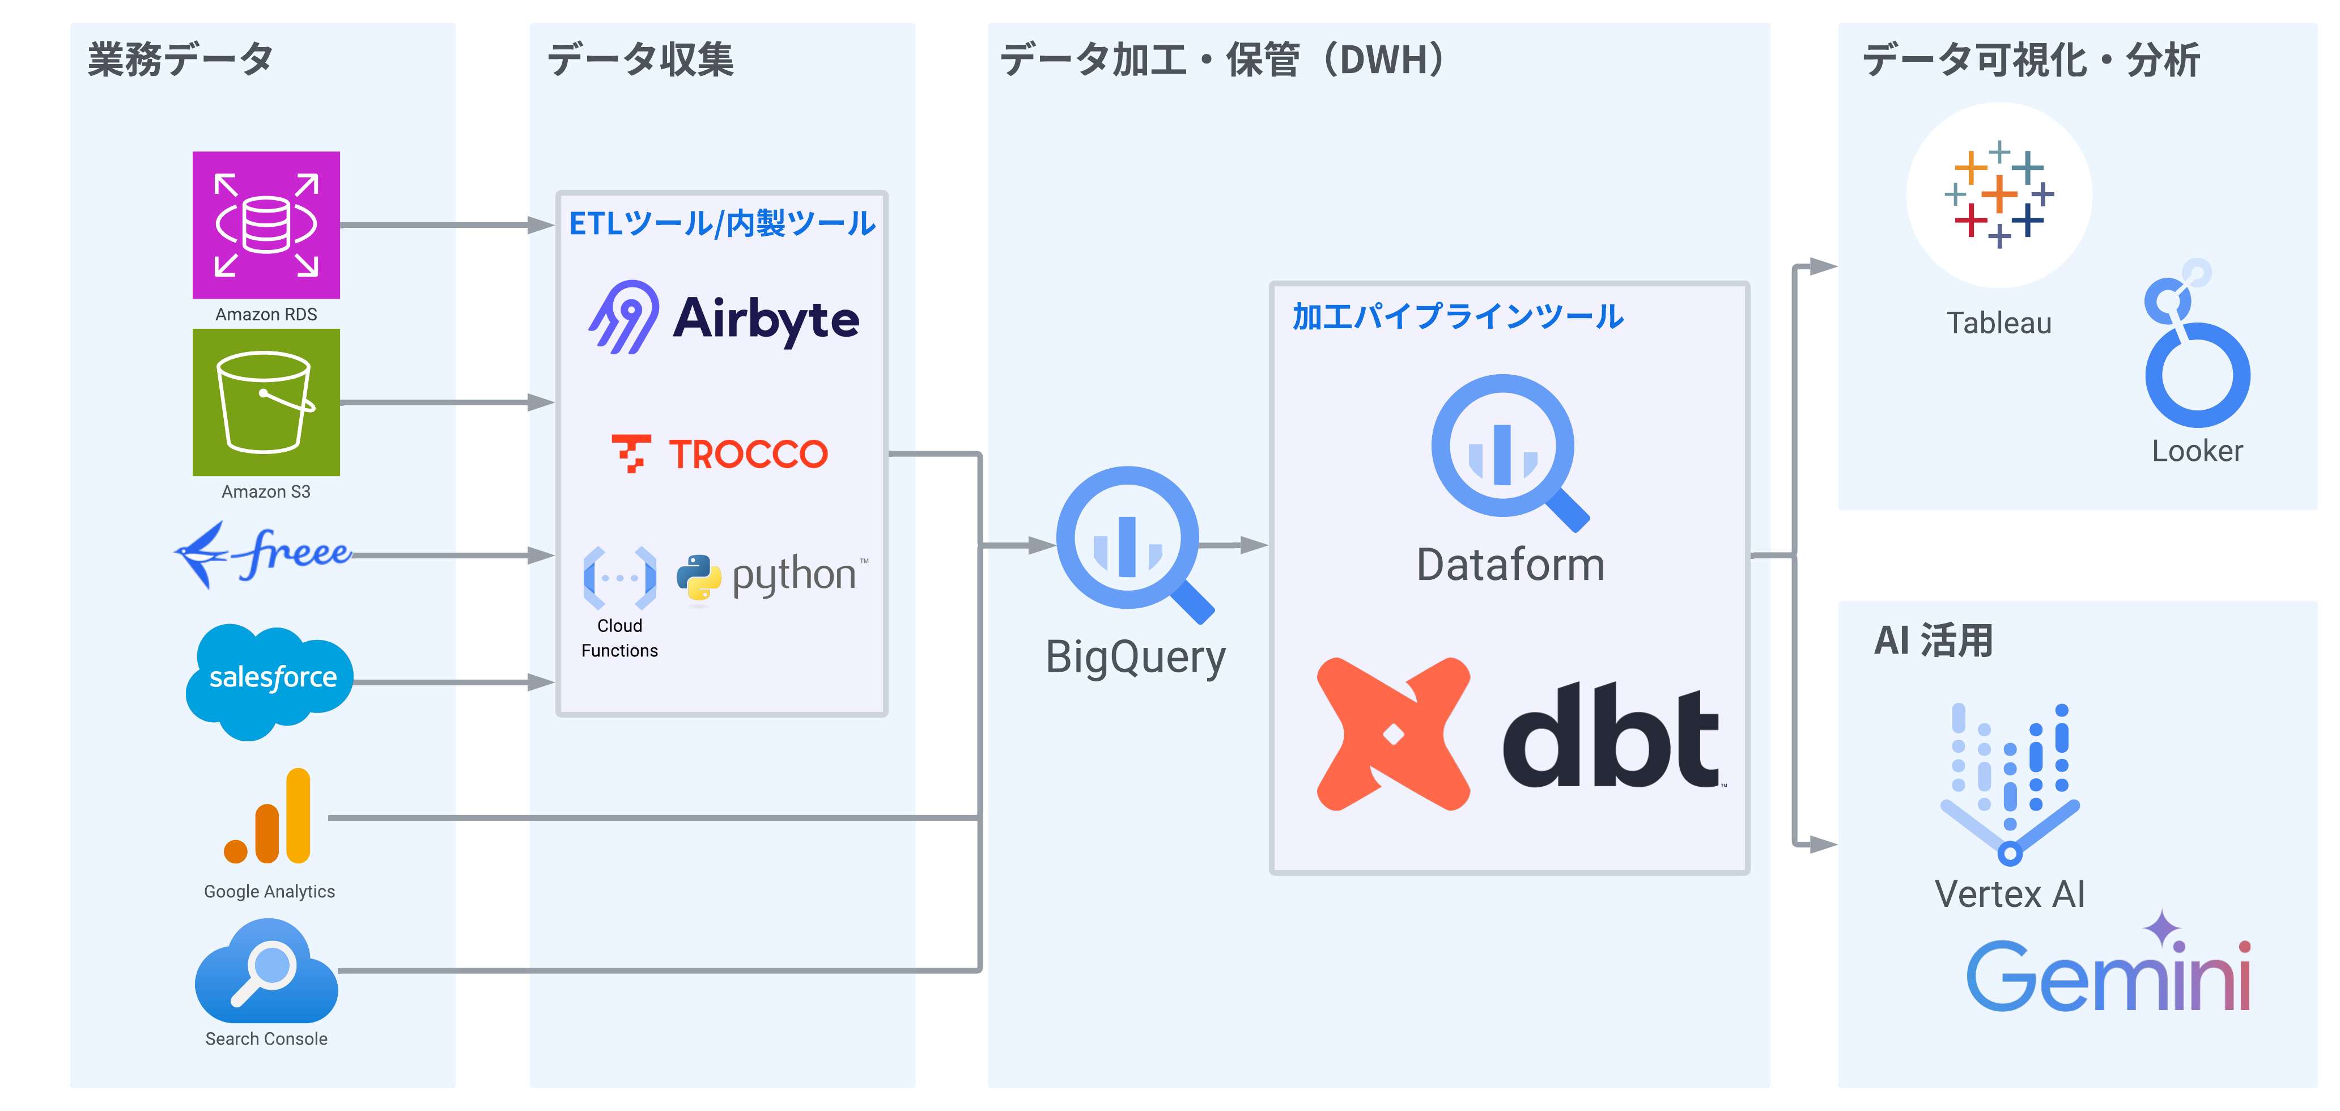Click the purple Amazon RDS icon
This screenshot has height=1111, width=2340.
point(266,225)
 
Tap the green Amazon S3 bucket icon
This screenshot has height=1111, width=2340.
point(266,402)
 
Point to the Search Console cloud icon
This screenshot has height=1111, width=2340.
point(266,971)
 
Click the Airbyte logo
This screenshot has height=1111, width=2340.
point(723,318)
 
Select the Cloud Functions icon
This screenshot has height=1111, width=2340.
point(619,578)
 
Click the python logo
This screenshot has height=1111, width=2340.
point(772,577)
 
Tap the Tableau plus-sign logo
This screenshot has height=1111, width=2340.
point(1998,194)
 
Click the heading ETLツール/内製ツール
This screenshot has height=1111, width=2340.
point(722,223)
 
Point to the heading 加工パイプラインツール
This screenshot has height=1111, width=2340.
point(1458,316)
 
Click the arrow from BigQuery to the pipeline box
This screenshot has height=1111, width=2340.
point(1234,545)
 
